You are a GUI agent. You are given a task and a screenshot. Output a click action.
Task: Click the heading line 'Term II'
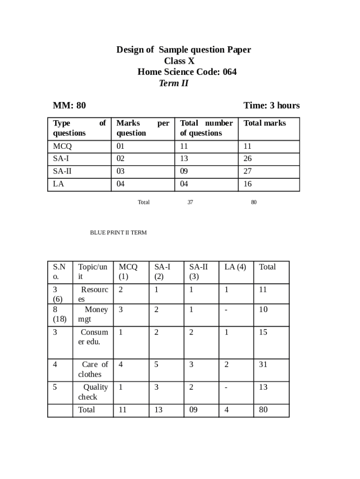(173, 83)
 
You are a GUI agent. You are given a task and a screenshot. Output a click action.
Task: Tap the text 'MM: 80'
(69, 105)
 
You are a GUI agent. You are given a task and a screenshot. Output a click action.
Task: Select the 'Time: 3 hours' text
(271, 105)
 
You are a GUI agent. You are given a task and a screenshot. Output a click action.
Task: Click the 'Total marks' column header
(265, 123)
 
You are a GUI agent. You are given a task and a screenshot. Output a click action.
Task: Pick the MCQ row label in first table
(63, 146)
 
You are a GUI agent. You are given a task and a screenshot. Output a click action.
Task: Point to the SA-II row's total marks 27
(248, 171)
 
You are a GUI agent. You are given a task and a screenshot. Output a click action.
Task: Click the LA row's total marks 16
(248, 184)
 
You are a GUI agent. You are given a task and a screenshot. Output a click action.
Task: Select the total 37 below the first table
(190, 202)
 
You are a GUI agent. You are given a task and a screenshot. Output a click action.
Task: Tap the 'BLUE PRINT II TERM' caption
(118, 232)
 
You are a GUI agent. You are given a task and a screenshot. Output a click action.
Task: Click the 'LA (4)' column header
(235, 267)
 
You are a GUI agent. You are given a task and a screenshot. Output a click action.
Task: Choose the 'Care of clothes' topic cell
(93, 369)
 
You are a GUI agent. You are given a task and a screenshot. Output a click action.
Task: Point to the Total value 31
(263, 364)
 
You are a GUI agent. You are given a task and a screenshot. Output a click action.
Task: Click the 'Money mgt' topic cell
(93, 314)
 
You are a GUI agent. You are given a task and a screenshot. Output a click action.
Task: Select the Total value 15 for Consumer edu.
(263, 332)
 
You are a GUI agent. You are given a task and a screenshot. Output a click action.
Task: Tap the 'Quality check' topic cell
(93, 392)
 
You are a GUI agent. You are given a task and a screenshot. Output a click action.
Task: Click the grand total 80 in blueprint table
(263, 410)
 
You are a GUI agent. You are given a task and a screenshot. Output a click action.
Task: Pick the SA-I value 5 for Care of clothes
(157, 364)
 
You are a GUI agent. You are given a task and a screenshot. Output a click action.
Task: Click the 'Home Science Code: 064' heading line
(187, 72)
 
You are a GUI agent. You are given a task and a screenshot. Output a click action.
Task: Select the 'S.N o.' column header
(59, 271)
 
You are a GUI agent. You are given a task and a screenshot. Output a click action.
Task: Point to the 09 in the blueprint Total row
(193, 410)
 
